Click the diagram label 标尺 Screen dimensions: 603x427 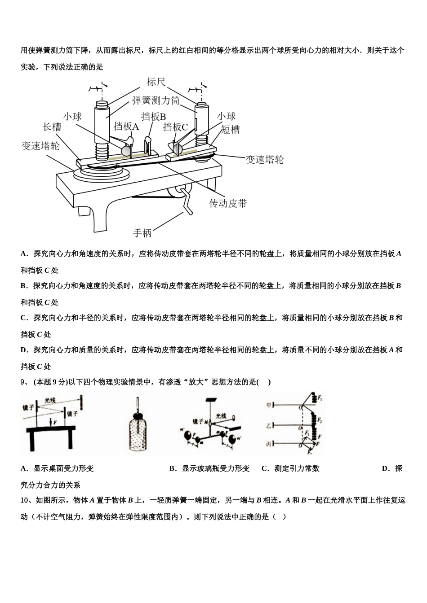point(156,82)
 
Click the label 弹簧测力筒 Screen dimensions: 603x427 point(156,100)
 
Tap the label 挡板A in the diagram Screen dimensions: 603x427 point(126,127)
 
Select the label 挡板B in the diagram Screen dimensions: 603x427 point(153,117)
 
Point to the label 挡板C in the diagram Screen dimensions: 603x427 point(175,127)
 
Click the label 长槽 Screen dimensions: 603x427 point(52,127)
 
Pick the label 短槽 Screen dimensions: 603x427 point(231,130)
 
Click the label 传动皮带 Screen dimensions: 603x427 point(228,203)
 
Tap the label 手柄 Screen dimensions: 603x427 point(142,233)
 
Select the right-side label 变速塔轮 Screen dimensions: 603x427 point(264,160)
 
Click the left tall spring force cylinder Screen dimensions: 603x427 point(103,121)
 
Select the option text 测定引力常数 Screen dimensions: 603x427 point(297,468)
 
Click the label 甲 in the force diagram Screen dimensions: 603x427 point(269,406)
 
